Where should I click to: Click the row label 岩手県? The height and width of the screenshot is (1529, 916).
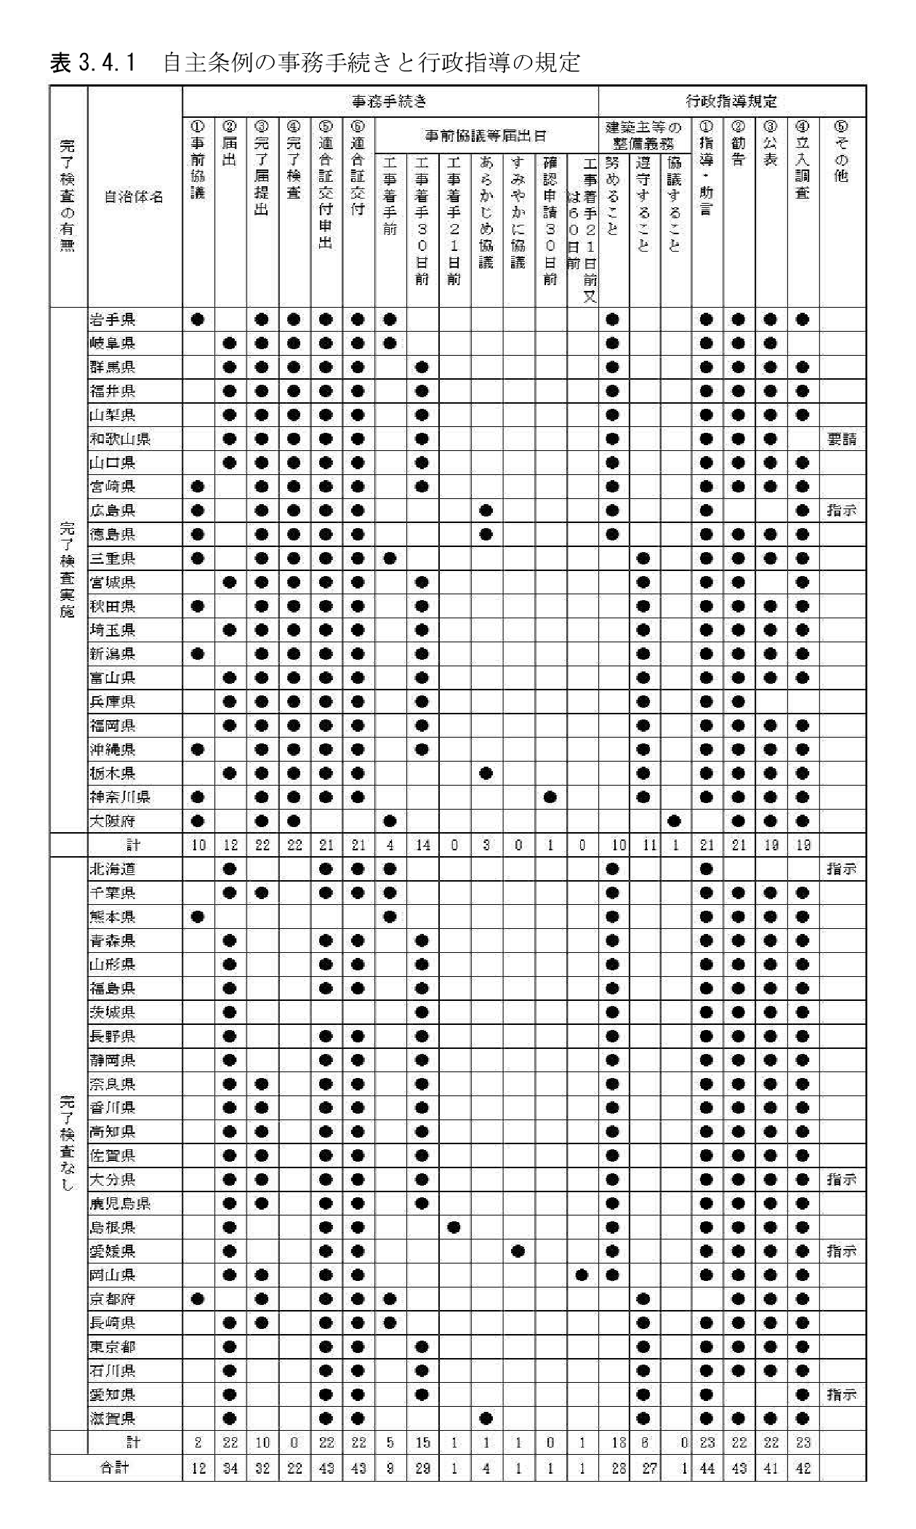(x=113, y=319)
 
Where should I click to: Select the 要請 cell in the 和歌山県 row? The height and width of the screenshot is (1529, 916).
(x=842, y=439)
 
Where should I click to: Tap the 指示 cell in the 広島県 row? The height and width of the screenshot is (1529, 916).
(x=842, y=511)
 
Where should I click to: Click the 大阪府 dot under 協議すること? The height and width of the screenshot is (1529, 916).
(x=674, y=821)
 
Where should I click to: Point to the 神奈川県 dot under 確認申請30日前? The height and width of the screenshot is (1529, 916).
(x=550, y=797)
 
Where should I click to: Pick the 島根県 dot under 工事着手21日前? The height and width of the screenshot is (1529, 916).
(x=454, y=1227)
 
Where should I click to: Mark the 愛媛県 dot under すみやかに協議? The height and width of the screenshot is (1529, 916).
(x=518, y=1251)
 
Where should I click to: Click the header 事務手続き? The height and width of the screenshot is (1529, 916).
(x=390, y=101)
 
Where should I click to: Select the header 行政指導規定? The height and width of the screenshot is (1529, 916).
(x=731, y=101)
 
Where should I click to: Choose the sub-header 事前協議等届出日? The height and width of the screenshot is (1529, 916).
(x=486, y=135)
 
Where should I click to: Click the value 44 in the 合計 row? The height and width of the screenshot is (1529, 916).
(x=707, y=1469)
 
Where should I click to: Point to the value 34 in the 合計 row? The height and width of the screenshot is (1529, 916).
(x=230, y=1469)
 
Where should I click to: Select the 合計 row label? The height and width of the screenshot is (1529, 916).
(x=115, y=1469)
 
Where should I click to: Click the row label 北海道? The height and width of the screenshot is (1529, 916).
(x=113, y=869)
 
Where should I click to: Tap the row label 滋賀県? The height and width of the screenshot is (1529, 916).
(x=113, y=1418)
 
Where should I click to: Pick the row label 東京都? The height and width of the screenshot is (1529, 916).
(x=113, y=1346)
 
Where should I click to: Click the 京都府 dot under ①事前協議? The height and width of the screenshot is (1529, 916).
(x=198, y=1299)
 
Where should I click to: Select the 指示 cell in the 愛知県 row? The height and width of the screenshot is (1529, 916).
(x=842, y=1394)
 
